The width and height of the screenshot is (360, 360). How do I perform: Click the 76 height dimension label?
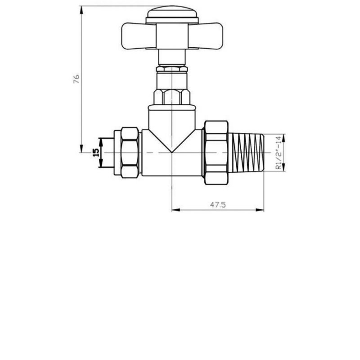[76, 79]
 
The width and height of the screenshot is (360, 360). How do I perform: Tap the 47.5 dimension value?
[217, 204]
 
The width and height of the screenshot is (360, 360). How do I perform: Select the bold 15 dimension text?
[95, 153]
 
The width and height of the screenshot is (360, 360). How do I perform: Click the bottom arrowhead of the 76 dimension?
[81, 149]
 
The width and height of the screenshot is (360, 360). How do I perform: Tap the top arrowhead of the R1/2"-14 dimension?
[284, 137]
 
